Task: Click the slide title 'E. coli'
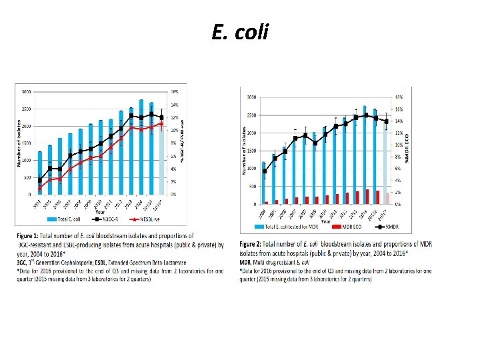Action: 240,31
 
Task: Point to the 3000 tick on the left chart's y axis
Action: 27,91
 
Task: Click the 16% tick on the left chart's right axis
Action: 175,91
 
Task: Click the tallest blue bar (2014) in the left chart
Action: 141,147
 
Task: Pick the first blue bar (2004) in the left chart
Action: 40,173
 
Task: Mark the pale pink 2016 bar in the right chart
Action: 389,198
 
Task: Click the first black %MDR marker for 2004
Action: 265,171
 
